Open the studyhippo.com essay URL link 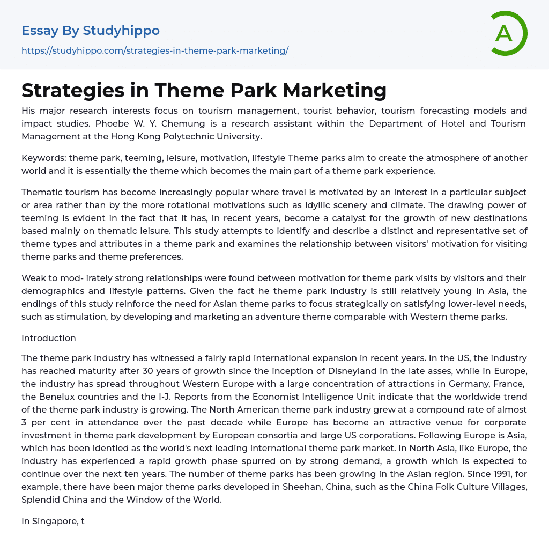tap(155, 50)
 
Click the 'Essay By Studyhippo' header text tap(91, 31)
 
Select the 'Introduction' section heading tap(49, 338)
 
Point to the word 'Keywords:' tap(43, 158)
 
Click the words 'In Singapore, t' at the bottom tap(53, 521)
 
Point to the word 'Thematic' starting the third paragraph tap(42, 192)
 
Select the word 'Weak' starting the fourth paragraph tap(33, 278)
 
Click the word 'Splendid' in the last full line tap(41, 500)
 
